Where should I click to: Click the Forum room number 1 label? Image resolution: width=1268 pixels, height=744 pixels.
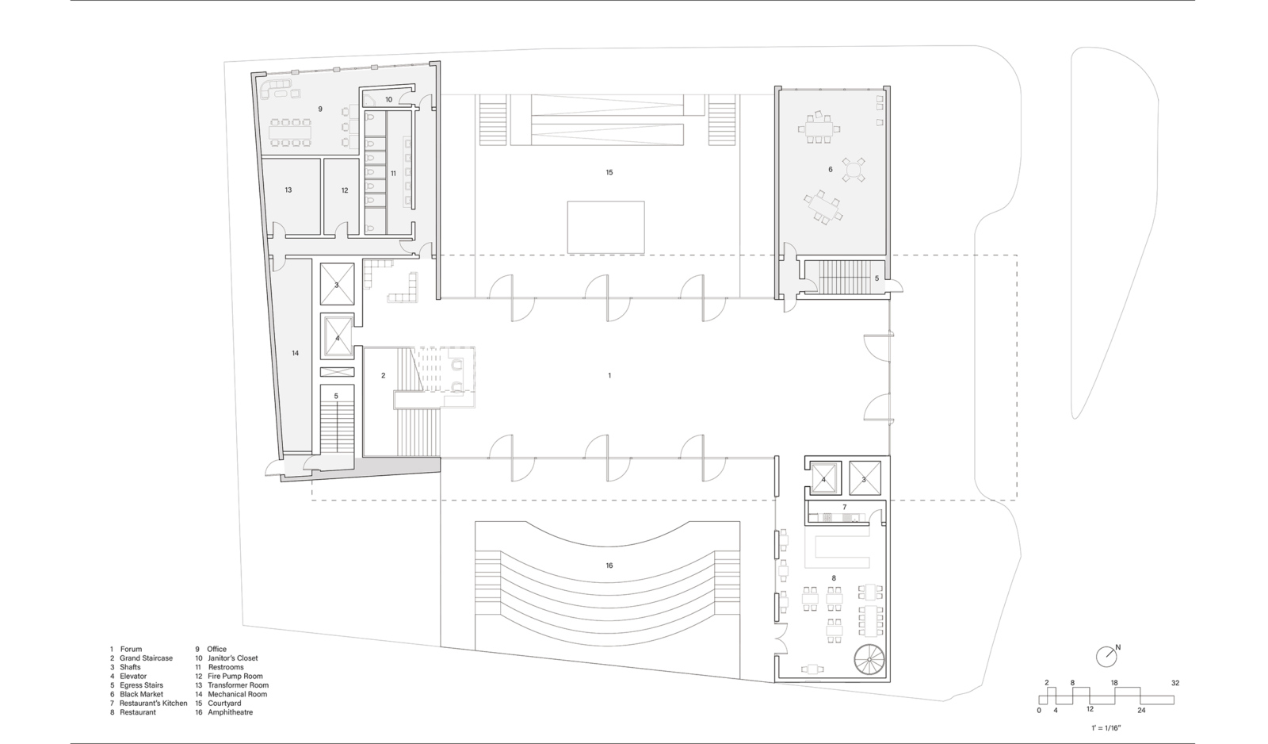(609, 375)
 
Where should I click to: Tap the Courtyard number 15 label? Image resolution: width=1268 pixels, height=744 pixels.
(609, 172)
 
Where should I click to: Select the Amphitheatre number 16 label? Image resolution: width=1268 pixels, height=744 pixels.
(609, 566)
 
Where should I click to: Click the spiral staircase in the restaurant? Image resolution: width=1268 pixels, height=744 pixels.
(869, 660)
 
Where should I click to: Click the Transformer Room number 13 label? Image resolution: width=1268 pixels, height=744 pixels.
(288, 190)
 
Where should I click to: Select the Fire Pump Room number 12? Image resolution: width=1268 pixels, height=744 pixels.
(345, 190)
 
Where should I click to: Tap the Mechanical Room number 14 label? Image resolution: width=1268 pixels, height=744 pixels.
(295, 353)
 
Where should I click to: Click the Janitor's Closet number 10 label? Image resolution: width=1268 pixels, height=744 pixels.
(389, 100)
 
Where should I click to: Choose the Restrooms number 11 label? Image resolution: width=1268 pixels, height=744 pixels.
(393, 174)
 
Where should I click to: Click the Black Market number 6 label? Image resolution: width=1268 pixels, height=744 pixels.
(831, 170)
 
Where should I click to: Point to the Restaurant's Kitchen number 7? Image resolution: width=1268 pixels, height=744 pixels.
(845, 507)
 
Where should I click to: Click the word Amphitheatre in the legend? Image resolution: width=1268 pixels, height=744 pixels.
(230, 712)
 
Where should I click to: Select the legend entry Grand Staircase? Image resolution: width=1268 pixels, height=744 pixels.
(146, 658)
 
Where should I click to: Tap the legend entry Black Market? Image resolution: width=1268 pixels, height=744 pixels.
(142, 694)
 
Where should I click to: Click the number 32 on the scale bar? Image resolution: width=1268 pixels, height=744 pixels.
(1175, 683)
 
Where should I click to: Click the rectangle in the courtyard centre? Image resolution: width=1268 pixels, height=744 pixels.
(605, 227)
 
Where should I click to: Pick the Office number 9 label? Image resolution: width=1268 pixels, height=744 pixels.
(320, 109)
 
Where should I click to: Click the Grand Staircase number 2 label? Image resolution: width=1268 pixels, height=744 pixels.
(384, 375)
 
